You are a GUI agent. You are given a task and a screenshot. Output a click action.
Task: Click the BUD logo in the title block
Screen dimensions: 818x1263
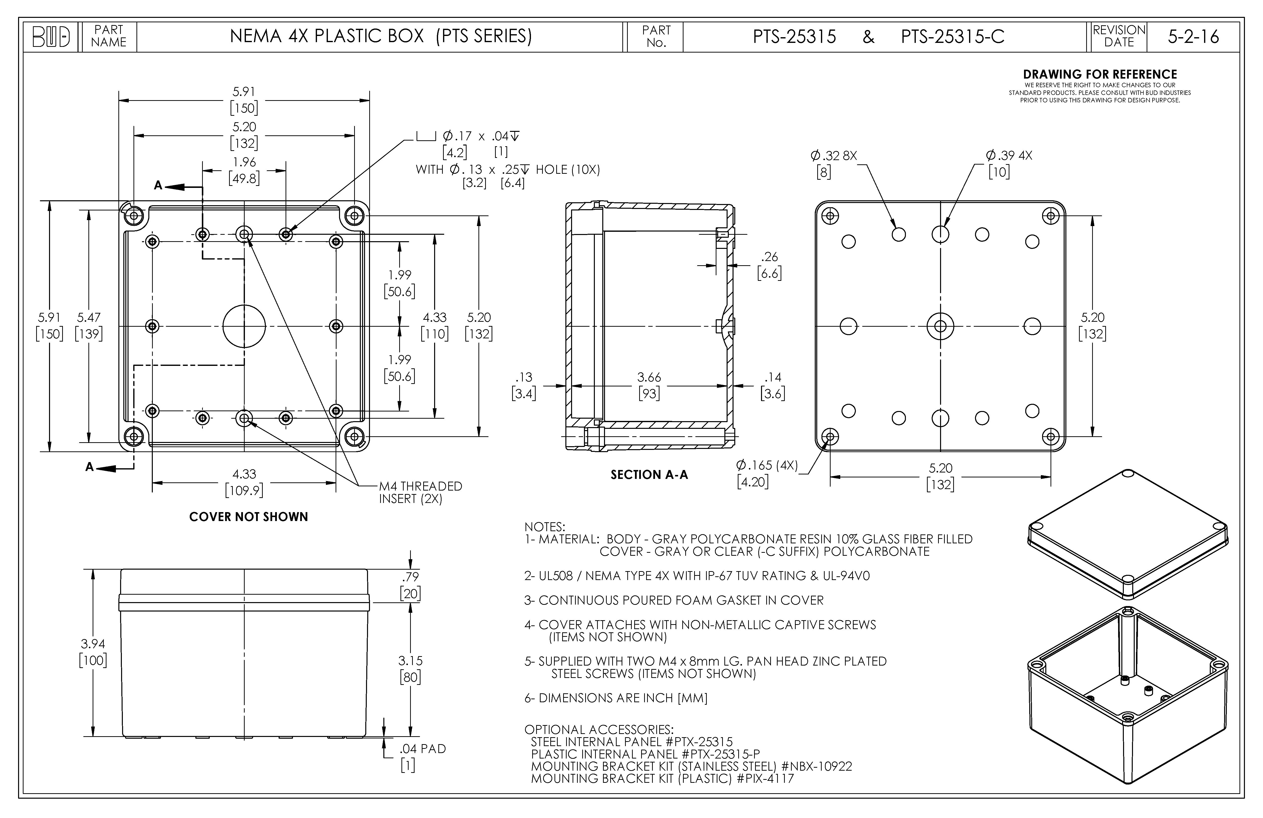[x=51, y=37]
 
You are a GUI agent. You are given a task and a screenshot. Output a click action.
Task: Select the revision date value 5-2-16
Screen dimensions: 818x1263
[x=1193, y=37]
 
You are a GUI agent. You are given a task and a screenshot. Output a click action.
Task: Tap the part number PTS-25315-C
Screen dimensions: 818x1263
[x=952, y=37]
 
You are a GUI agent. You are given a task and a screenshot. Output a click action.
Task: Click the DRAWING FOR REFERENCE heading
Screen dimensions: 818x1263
[x=1100, y=74]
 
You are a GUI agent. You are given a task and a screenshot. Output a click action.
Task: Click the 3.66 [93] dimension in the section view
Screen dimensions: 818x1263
[x=649, y=385]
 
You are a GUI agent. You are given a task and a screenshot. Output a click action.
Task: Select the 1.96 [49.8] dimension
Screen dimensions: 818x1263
[x=244, y=170]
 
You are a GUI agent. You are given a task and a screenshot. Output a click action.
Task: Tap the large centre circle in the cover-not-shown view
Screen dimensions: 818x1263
[x=244, y=326]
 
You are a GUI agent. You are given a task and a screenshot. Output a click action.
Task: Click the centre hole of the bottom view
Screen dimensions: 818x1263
[x=940, y=326]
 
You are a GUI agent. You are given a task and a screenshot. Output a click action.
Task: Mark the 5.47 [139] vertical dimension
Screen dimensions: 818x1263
[x=89, y=325]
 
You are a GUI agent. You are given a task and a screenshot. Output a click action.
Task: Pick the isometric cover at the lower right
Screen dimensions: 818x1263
[x=1128, y=534]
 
